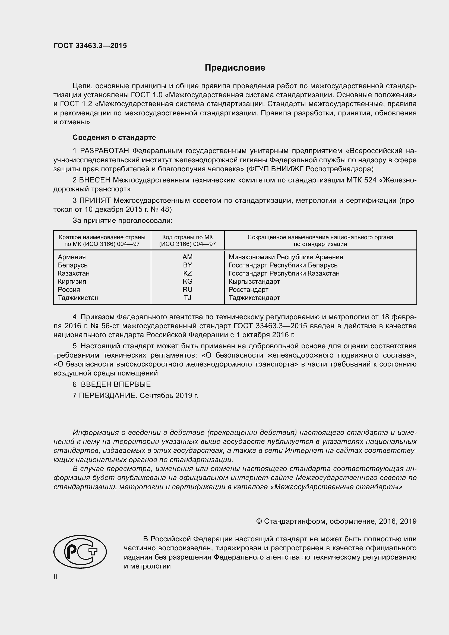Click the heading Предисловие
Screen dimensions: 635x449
click(x=235, y=68)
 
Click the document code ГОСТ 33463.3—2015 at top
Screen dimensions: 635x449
click(x=90, y=46)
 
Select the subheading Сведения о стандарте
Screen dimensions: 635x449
click(x=114, y=137)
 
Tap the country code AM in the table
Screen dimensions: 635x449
click(x=188, y=257)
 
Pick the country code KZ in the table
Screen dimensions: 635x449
click(x=188, y=273)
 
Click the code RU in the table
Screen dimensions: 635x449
click(x=188, y=290)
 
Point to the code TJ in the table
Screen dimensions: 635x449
click(x=188, y=298)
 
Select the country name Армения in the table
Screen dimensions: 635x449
click(x=72, y=257)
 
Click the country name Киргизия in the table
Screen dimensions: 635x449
click(x=72, y=282)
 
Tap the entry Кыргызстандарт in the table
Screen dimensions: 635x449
click(x=254, y=282)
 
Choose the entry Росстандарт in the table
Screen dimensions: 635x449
click(x=248, y=290)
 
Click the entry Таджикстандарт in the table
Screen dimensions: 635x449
click(x=254, y=298)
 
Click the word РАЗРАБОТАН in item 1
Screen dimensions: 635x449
click(x=105, y=151)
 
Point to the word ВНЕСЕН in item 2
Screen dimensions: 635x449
click(x=95, y=180)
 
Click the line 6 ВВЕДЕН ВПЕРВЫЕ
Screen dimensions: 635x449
click(x=112, y=384)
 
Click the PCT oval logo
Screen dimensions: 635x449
click(x=80, y=551)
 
